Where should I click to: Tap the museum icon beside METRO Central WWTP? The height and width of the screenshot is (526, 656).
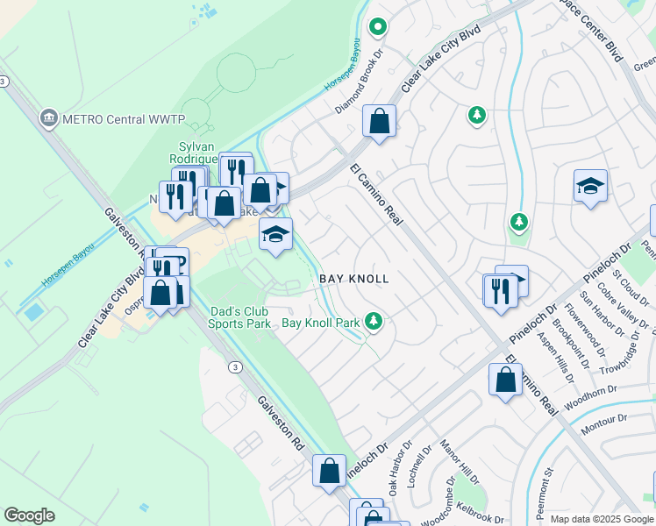(49, 117)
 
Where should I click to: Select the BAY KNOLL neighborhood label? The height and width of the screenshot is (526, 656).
(353, 278)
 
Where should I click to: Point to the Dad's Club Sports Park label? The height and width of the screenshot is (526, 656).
(239, 316)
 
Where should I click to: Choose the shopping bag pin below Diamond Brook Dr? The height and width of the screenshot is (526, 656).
(379, 122)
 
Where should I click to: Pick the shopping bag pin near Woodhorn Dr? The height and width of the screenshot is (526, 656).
(505, 380)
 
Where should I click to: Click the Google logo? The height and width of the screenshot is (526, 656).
(29, 515)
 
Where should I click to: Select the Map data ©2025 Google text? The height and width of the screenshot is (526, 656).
(601, 519)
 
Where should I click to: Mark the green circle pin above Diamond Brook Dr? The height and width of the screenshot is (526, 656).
(378, 27)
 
